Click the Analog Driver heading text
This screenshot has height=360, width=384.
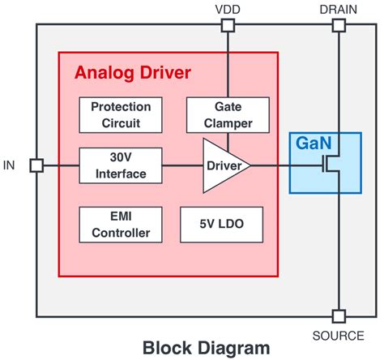click(x=133, y=73)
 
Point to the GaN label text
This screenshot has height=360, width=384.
click(x=313, y=143)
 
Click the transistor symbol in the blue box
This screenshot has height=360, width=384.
click(x=332, y=166)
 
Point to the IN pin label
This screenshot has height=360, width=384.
click(x=10, y=165)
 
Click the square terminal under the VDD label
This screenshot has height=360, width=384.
click(x=228, y=26)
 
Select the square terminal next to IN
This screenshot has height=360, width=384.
click(x=36, y=165)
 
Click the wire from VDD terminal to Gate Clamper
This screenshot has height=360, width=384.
click(x=228, y=65)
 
